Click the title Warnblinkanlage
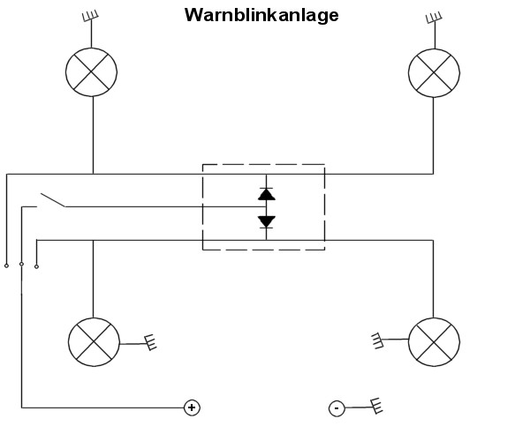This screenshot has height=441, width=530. pyautogui.click(x=261, y=16)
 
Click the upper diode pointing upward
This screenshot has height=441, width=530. pyautogui.click(x=267, y=194)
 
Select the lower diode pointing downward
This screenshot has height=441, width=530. pyautogui.click(x=267, y=222)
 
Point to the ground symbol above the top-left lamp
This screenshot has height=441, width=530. pyautogui.click(x=90, y=16)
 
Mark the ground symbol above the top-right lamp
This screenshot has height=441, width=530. pyautogui.click(x=434, y=18)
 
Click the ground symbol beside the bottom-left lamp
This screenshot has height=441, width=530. pyautogui.click(x=150, y=342)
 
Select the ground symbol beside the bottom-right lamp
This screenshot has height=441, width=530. pyautogui.click(x=377, y=340)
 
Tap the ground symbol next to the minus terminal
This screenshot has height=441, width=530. pyautogui.click(x=376, y=406)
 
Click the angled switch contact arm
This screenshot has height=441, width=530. pyautogui.click(x=53, y=199)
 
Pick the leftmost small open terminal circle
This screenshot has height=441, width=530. pyautogui.click(x=6, y=265)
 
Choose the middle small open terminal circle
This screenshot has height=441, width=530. pyautogui.click(x=21, y=264)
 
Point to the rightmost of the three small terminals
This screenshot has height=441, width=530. pyautogui.click(x=36, y=266)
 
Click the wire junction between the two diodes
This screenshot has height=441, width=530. pyautogui.click(x=267, y=207)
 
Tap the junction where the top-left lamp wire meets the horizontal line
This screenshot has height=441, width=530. pyautogui.click(x=93, y=174)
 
